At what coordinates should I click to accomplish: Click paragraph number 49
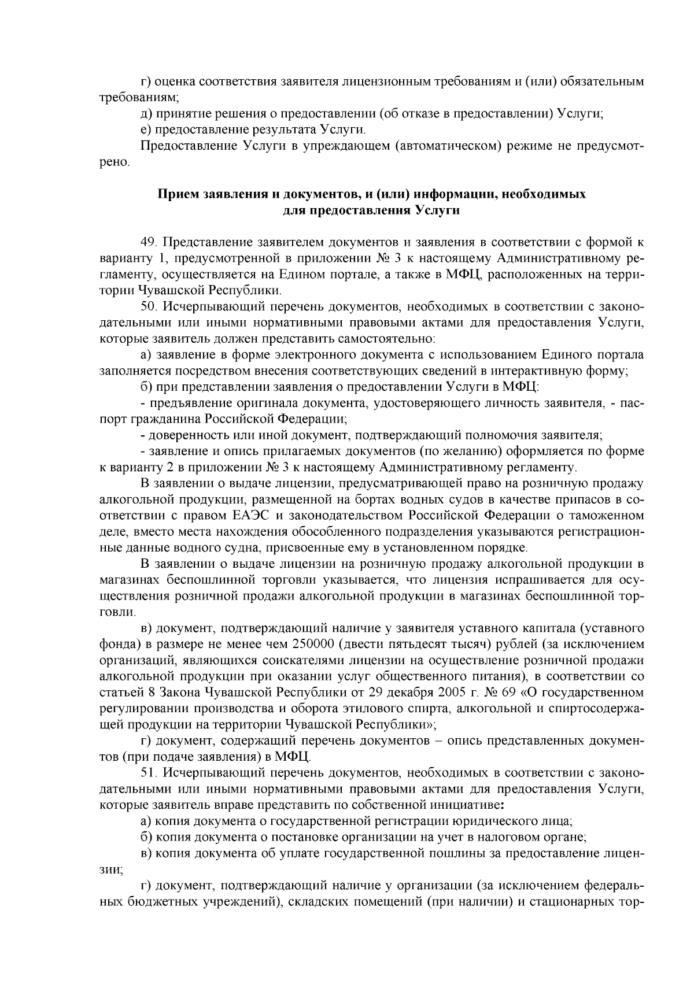(150, 242)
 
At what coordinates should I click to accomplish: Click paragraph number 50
(150, 305)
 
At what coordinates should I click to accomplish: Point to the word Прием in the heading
(176, 194)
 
